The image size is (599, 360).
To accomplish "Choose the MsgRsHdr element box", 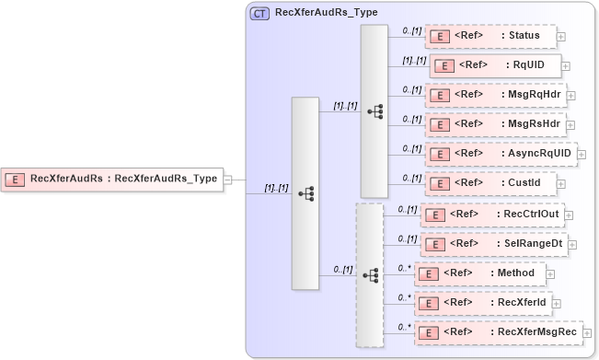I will [495, 124].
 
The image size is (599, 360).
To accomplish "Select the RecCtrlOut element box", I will [497, 215].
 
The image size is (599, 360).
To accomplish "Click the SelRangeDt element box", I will [497, 244].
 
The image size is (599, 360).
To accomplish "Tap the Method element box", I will [480, 273].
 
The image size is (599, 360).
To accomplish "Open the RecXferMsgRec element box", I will [498, 331].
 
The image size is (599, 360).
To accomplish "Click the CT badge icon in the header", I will [260, 14].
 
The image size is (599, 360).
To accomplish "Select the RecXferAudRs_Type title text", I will [326, 13].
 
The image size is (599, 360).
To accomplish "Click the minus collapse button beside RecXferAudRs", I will [227, 180].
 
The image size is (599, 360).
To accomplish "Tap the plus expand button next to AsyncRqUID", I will [582, 155].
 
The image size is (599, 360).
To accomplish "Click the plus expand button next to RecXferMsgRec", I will [587, 332].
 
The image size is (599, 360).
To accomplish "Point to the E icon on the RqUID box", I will [444, 66].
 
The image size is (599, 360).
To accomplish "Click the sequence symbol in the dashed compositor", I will [371, 275].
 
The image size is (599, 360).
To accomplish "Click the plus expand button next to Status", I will [561, 38].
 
